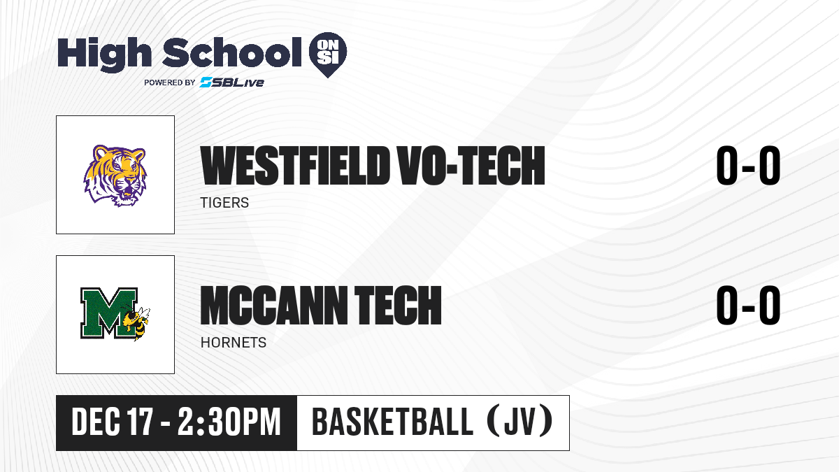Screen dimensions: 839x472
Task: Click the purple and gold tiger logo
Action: [115, 176]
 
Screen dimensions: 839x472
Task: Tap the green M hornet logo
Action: [115, 314]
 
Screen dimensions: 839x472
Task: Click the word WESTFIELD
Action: [295, 166]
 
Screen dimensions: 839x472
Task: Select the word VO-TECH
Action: [471, 166]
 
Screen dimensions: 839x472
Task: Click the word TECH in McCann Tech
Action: [398, 306]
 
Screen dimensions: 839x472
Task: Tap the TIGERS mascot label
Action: [224, 203]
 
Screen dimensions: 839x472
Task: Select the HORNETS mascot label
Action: [234, 343]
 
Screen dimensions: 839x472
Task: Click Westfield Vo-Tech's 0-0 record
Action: [748, 165]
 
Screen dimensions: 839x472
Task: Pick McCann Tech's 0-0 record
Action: [748, 305]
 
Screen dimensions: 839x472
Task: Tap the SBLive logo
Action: [231, 82]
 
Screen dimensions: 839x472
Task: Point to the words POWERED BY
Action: [170, 83]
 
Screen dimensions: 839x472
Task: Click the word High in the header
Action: [104, 55]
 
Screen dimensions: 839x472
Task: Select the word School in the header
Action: [232, 52]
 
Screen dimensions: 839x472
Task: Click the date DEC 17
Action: [112, 422]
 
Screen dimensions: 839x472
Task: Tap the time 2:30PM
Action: [229, 422]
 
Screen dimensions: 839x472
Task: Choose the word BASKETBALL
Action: [392, 422]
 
